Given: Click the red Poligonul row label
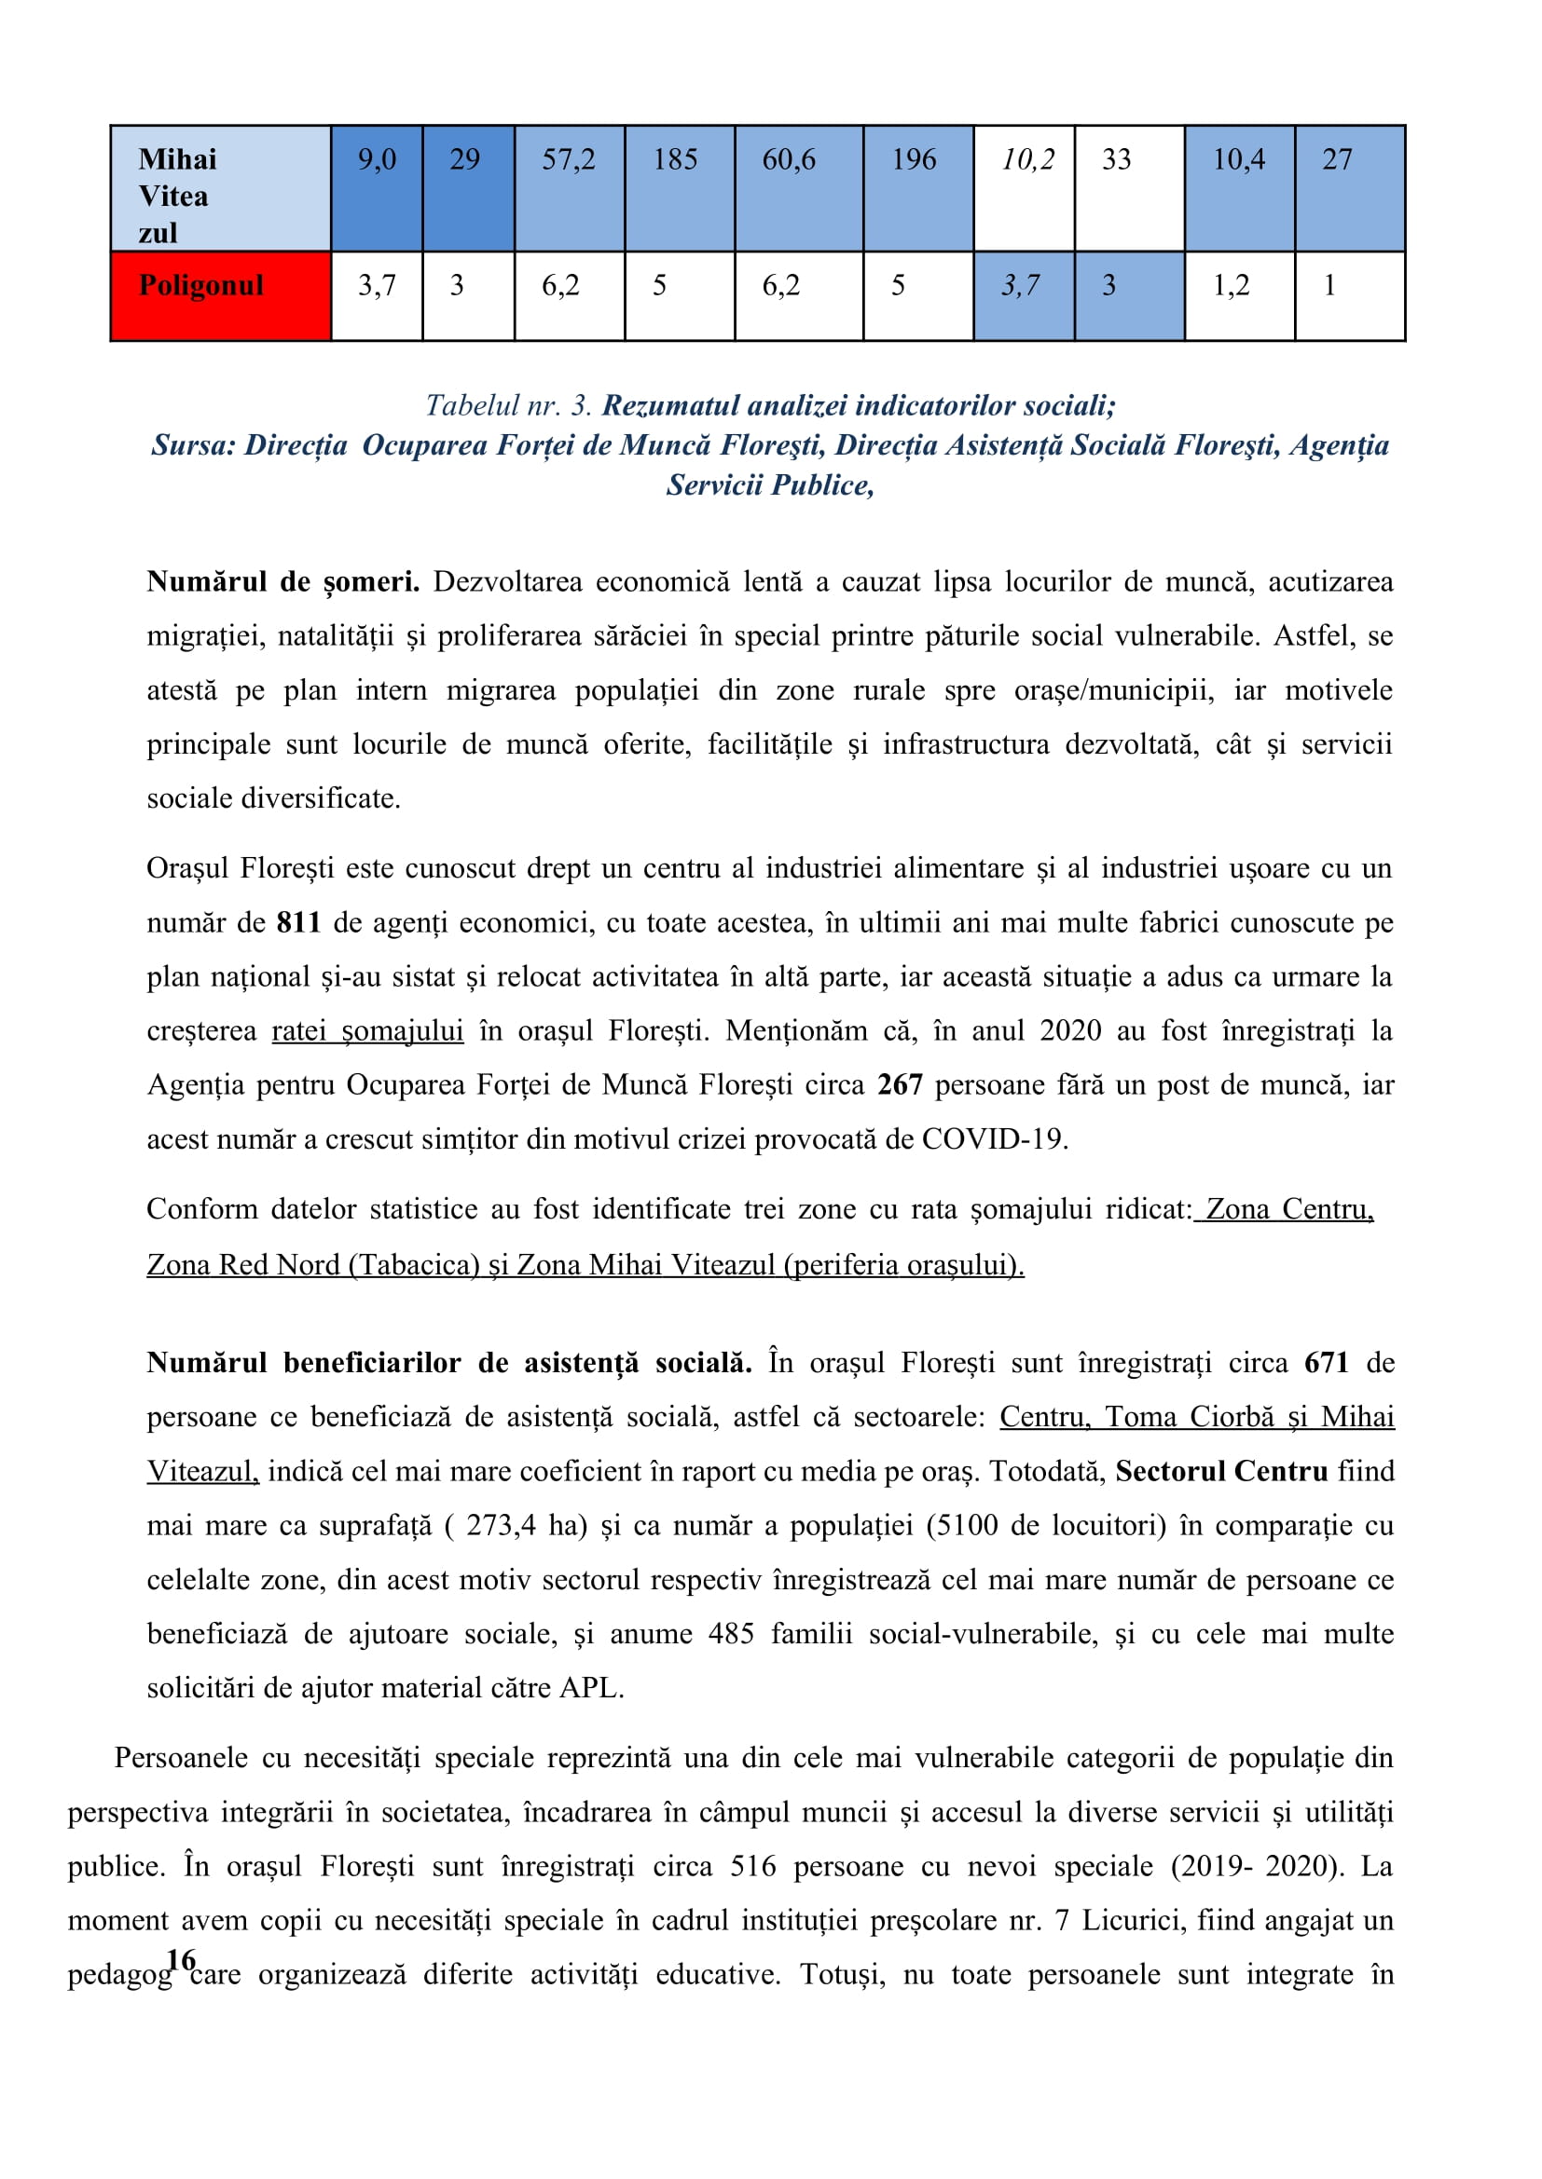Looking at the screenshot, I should click(x=220, y=295).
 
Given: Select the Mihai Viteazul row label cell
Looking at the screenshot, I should click(x=220, y=189).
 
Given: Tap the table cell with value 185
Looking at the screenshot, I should click(x=679, y=189).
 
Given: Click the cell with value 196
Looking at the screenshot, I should click(x=917, y=189).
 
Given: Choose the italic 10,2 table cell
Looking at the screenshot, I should click(x=1024, y=189).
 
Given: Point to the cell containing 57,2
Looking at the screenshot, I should click(x=569, y=189).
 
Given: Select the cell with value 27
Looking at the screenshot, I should click(x=1349, y=189).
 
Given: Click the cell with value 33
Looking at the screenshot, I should click(x=1128, y=189).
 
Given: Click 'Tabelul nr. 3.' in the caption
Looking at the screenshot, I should click(x=509, y=406).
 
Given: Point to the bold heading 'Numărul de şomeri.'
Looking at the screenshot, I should click(x=283, y=581).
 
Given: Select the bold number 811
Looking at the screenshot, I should click(x=298, y=922).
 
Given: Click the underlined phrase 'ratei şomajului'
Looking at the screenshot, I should click(x=367, y=1030).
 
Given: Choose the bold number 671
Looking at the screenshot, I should click(x=1327, y=1363).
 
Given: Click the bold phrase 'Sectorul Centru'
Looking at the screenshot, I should click(x=1221, y=1471).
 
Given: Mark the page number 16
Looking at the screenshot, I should click(x=181, y=1959).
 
